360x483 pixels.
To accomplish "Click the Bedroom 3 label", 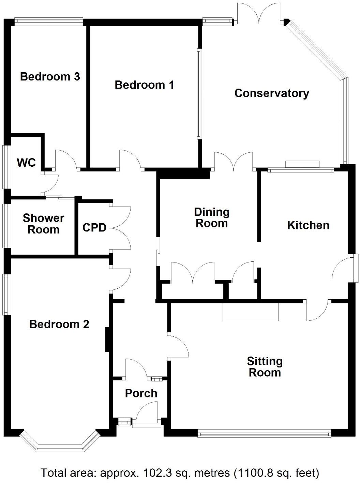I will [50, 76].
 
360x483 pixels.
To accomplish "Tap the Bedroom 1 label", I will [144, 85].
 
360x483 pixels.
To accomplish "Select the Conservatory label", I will [272, 93].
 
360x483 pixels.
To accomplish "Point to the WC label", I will [26, 163].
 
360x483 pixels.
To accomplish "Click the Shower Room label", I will [43, 224].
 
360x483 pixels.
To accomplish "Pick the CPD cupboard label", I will [94, 227].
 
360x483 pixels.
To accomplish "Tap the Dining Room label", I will [212, 217].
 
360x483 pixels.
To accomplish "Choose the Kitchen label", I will [308, 225].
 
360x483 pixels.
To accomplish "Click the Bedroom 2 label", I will [59, 324].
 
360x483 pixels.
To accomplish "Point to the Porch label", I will [141, 393].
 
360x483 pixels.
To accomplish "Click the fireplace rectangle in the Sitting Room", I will [251, 311].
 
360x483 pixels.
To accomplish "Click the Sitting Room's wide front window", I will [264, 434].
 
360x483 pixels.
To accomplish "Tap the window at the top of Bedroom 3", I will [48, 22].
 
